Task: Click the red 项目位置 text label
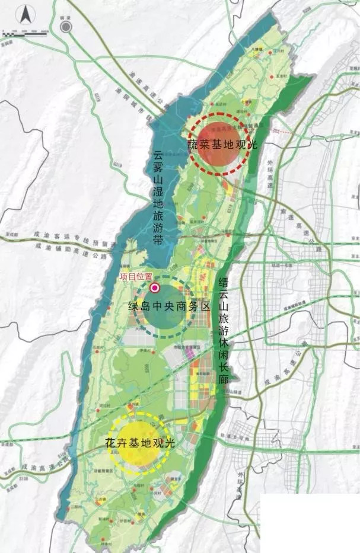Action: [x=136, y=276]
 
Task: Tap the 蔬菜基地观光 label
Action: [x=222, y=143]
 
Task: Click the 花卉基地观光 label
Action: [x=140, y=443]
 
